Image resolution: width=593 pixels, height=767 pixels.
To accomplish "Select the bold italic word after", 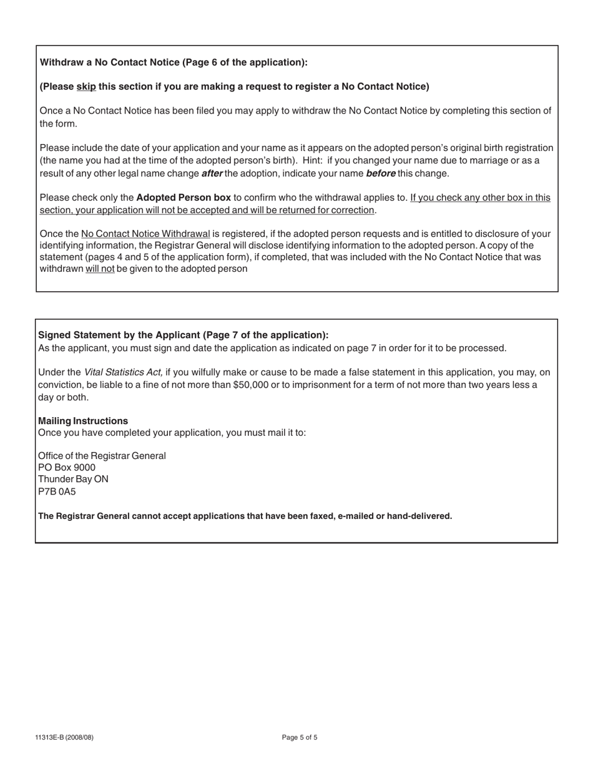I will coord(212,173).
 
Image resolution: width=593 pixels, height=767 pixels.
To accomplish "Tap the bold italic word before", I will coord(380,173).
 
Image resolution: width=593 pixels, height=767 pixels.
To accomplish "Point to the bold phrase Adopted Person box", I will coord(184,198).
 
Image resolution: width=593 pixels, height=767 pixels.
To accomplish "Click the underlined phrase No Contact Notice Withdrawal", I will coord(145,234).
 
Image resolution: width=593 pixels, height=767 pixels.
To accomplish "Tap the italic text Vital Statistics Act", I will coord(123,372).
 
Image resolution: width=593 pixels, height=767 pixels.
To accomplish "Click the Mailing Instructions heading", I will coord(83,421).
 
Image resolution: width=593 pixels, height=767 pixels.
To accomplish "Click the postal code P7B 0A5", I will coord(57,491).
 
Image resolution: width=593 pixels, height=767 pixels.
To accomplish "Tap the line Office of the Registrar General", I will coord(102,456).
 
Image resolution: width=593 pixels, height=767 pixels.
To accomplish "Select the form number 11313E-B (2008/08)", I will coord(64,738).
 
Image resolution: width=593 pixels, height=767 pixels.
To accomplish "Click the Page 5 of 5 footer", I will coord(300,738).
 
